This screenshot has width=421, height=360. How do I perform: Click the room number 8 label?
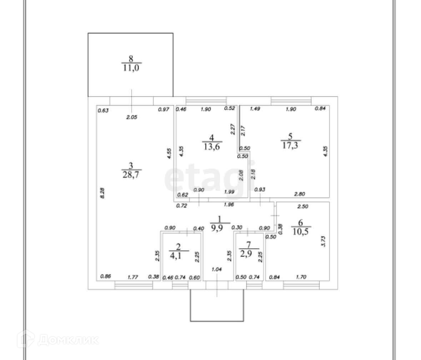pyautogui.click(x=131, y=59)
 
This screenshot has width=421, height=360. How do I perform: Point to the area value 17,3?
pyautogui.click(x=290, y=145)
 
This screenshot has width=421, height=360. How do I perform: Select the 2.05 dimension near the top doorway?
pyautogui.click(x=131, y=117)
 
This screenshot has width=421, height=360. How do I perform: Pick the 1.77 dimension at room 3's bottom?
pyautogui.click(x=133, y=276)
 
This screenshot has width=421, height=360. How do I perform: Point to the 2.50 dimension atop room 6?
pyautogui.click(x=303, y=206)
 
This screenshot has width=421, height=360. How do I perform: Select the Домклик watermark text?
pyautogui.click(x=68, y=340)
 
